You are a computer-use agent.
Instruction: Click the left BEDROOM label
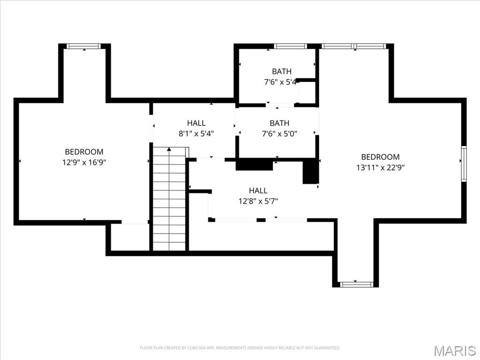point(84,152)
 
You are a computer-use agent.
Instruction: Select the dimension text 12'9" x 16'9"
point(84,162)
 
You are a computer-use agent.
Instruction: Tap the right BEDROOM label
point(380,157)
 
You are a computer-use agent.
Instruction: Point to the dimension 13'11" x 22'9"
point(380,167)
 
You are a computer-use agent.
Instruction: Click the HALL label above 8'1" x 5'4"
point(196,123)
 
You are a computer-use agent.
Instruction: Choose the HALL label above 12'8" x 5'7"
point(258,190)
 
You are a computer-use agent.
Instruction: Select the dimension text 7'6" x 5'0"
point(279,133)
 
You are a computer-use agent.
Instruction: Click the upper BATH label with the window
point(281,71)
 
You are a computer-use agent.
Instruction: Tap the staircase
point(169,199)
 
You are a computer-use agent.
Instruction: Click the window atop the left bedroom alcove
point(84,46)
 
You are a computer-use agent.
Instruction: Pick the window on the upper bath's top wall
point(290,46)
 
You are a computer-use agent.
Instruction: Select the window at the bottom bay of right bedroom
point(356,284)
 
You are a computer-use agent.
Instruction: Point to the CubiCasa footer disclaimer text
point(240,348)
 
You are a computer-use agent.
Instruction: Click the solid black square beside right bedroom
point(310,172)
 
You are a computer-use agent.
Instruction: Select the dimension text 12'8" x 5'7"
point(258,201)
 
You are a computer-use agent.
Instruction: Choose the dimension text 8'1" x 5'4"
point(196,133)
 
